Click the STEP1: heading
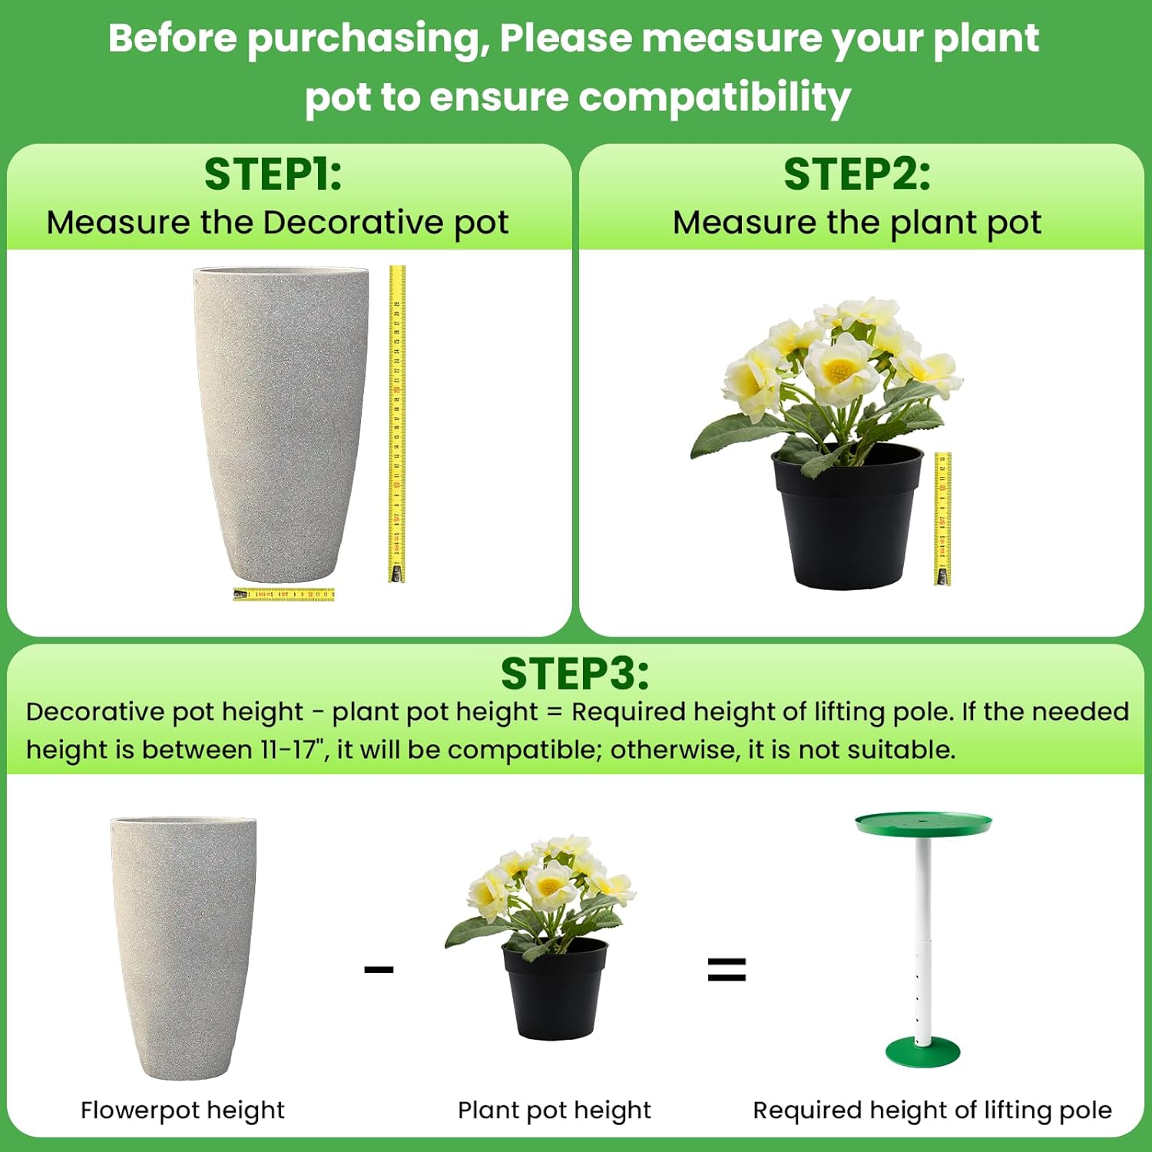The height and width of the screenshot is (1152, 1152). pyautogui.click(x=273, y=174)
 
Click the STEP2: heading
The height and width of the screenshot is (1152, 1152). pyautogui.click(x=856, y=174)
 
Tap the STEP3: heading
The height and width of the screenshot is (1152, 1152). pyautogui.click(x=574, y=674)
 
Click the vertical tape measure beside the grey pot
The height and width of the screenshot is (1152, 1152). pyautogui.click(x=396, y=422)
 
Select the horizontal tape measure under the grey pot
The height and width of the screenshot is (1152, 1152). pyautogui.click(x=284, y=594)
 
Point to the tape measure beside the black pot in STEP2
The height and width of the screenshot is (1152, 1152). pyautogui.click(x=942, y=518)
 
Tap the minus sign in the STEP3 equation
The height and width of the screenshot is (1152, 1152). pyautogui.click(x=379, y=969)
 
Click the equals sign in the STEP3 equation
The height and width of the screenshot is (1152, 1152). pyautogui.click(x=727, y=969)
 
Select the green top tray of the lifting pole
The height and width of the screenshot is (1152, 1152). pyautogui.click(x=923, y=824)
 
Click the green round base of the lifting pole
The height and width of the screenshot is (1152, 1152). pyautogui.click(x=922, y=1050)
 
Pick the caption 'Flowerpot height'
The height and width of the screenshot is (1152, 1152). pyautogui.click(x=183, y=1110)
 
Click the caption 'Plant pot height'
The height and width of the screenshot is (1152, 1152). pyautogui.click(x=554, y=1110)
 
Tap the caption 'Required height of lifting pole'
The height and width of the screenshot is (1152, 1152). pyautogui.click(x=932, y=1110)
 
